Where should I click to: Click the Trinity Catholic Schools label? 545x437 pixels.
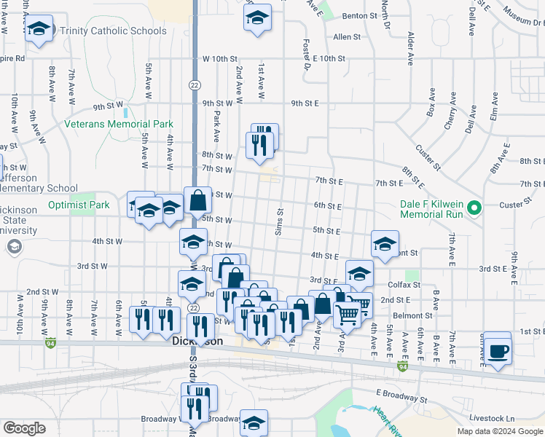[113, 31]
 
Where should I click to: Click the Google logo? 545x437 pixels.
[24, 428]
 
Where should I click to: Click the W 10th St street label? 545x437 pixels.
[221, 58]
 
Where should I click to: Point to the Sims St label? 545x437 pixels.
[279, 217]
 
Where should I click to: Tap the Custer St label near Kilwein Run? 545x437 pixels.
[516, 205]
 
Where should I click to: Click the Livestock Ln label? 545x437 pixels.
[492, 419]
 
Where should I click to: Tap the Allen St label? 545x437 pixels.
[347, 36]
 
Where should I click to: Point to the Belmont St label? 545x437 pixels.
[412, 315]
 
